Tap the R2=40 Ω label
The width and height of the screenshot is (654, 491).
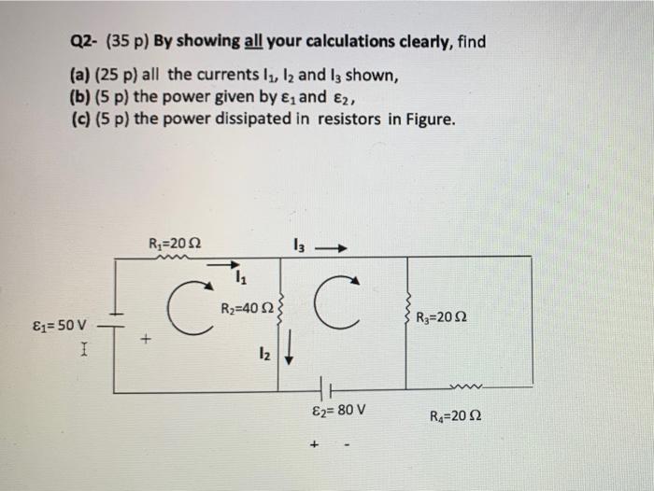246,310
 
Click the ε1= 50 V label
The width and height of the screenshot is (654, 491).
58,326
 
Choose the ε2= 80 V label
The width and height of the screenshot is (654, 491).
339,410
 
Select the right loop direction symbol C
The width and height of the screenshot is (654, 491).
339,302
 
